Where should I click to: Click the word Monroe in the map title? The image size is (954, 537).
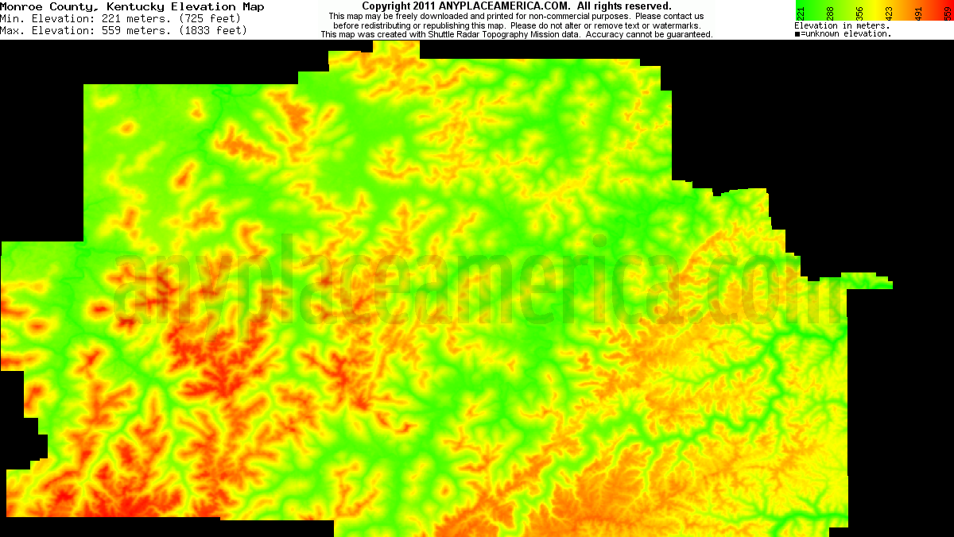20,6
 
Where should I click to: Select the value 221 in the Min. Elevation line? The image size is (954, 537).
112,18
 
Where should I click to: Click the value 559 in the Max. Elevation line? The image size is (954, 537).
112,30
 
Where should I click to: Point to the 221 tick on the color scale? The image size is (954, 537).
801,13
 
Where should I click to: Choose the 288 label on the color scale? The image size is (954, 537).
830,13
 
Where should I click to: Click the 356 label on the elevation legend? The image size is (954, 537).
859,13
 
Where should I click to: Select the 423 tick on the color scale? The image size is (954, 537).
889,13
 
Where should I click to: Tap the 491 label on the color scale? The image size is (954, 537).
918,13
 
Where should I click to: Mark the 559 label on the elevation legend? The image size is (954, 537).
947,13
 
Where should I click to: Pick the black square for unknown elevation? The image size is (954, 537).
797,34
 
